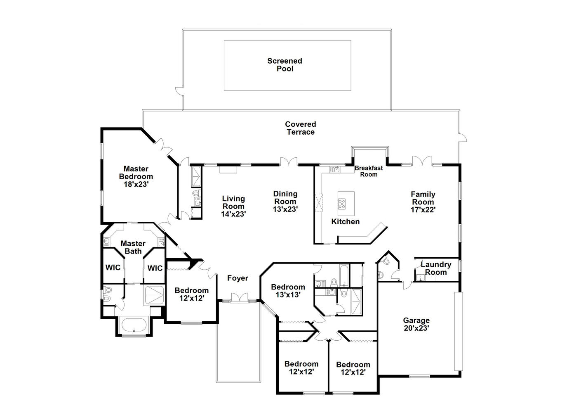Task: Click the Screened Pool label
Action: coord(285,65)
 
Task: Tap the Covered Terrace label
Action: coord(300,128)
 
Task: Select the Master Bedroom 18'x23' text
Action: coord(136,176)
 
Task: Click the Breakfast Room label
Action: coord(369,171)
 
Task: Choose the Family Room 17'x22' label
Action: coord(423,202)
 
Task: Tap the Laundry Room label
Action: coord(435,268)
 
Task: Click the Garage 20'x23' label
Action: coord(416,324)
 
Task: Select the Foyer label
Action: coord(238,278)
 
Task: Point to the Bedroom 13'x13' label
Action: coord(288,291)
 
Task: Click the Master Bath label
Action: coord(133,247)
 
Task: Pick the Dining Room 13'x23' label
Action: coord(285,201)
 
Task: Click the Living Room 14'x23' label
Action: coord(233,206)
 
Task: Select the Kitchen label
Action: coord(346,222)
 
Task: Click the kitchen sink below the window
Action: coord(336,169)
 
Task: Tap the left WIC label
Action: coord(113,267)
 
